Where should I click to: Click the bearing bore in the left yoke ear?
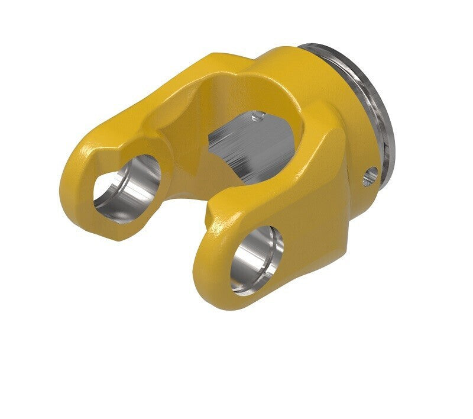pyautogui.click(x=127, y=185)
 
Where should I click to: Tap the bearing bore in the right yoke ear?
pyautogui.click(x=257, y=259)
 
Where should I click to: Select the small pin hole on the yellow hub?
pyautogui.click(x=371, y=175)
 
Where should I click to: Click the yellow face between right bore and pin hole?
pyautogui.click(x=322, y=213)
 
